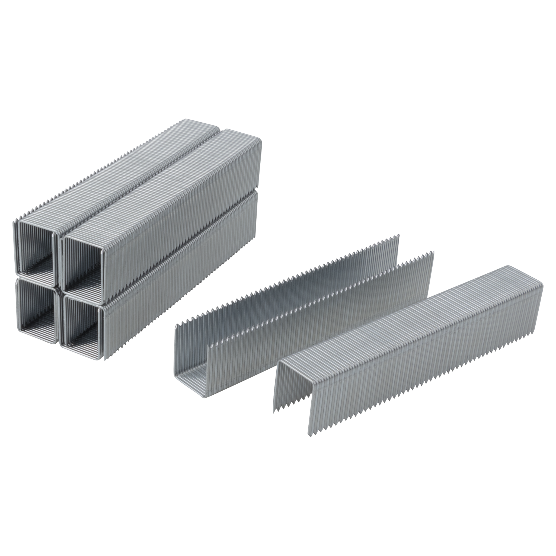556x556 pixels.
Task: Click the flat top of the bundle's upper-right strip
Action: point(161,184)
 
